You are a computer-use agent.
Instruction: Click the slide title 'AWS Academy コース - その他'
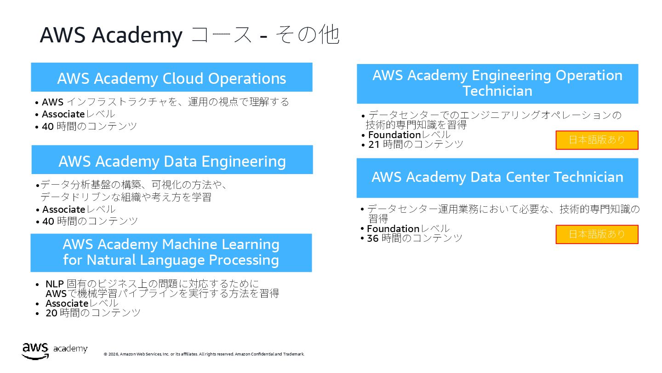pyautogui.click(x=189, y=35)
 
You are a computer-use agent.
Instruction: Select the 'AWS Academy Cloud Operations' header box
pyautogui.click(x=171, y=78)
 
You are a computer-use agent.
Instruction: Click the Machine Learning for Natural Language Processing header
pyautogui.click(x=171, y=252)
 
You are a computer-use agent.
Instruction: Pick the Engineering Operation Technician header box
pyautogui.click(x=497, y=83)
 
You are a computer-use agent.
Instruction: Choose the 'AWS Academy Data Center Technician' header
pyautogui.click(x=497, y=177)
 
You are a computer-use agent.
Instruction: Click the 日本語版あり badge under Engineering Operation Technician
pyautogui.click(x=597, y=140)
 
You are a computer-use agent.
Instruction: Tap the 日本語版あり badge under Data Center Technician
pyautogui.click(x=597, y=234)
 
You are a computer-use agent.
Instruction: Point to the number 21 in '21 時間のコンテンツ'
pyautogui.click(x=374, y=145)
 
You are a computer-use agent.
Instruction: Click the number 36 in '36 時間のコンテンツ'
pyautogui.click(x=373, y=239)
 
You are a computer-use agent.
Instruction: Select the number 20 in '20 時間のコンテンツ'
pyautogui.click(x=51, y=313)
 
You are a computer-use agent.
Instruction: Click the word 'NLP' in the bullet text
pyautogui.click(x=54, y=284)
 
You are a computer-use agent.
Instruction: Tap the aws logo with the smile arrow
pyautogui.click(x=35, y=350)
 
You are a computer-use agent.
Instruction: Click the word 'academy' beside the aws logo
pyautogui.click(x=70, y=349)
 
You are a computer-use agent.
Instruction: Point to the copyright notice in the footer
pyautogui.click(x=204, y=354)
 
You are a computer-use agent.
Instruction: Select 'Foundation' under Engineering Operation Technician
pyautogui.click(x=394, y=135)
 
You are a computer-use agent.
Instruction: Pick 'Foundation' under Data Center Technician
pyautogui.click(x=393, y=229)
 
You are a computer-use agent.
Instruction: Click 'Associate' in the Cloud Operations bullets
pyautogui.click(x=63, y=114)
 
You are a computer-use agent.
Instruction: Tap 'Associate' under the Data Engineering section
pyautogui.click(x=64, y=210)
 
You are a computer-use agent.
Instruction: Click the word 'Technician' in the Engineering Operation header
pyautogui.click(x=497, y=91)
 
